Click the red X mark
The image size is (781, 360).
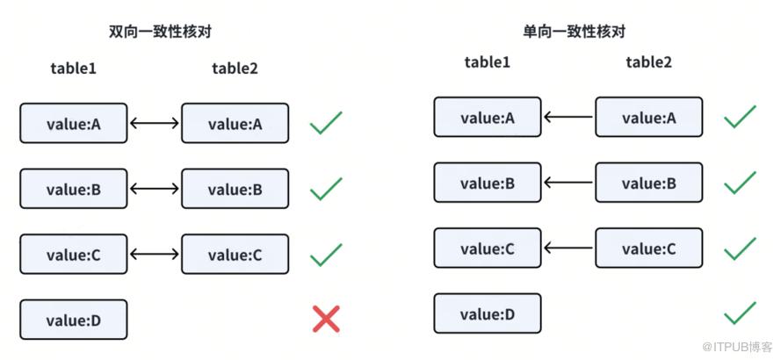tap(326, 319)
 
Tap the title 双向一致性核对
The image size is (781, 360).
tap(161, 32)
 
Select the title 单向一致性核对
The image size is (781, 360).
tap(575, 32)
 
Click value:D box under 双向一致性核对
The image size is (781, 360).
tap(74, 320)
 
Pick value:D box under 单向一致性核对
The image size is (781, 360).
tap(488, 313)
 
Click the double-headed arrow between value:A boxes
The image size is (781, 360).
tap(155, 123)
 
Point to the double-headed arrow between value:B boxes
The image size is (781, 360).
tap(155, 188)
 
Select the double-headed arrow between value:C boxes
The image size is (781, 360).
tap(155, 254)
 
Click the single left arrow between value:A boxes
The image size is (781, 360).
tap(568, 117)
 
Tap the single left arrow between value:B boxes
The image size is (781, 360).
tap(568, 183)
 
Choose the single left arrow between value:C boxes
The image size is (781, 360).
tap(568, 248)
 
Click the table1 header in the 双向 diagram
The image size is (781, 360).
tap(73, 68)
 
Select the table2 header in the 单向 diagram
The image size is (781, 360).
tap(648, 62)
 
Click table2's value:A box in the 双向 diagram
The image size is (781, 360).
tap(235, 123)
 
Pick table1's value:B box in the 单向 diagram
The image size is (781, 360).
tap(488, 183)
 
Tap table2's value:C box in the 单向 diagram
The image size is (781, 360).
tap(649, 248)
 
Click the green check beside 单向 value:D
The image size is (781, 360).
tap(741, 313)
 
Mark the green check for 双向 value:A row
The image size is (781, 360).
tap(326, 123)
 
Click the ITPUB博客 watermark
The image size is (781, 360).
tap(737, 346)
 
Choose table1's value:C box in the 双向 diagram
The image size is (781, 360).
tap(74, 254)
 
